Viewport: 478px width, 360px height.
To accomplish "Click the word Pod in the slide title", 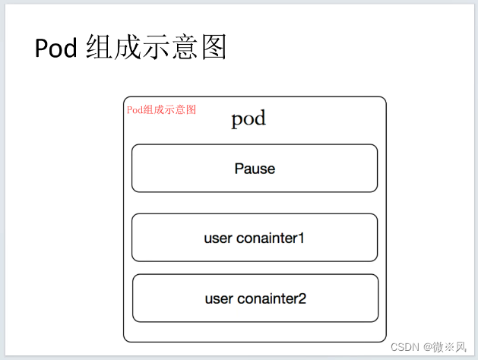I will pos(55,48).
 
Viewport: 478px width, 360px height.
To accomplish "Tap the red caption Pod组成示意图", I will pos(161,109).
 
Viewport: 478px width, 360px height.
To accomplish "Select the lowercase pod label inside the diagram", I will pos(248,119).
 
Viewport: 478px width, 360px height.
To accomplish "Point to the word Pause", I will pos(255,169).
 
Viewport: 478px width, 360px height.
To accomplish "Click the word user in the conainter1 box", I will pos(217,238).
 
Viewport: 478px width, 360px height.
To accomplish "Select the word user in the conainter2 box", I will pos(218,298).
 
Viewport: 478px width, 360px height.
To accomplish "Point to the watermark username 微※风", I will pos(451,347).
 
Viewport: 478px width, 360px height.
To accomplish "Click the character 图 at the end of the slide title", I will pos(215,47).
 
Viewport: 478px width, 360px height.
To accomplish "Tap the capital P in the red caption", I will pos(130,109).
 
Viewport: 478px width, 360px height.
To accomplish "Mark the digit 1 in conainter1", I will pos(301,238).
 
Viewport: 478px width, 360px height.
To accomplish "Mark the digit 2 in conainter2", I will pos(302,298).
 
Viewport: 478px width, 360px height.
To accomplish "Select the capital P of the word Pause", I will pos(239,169).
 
